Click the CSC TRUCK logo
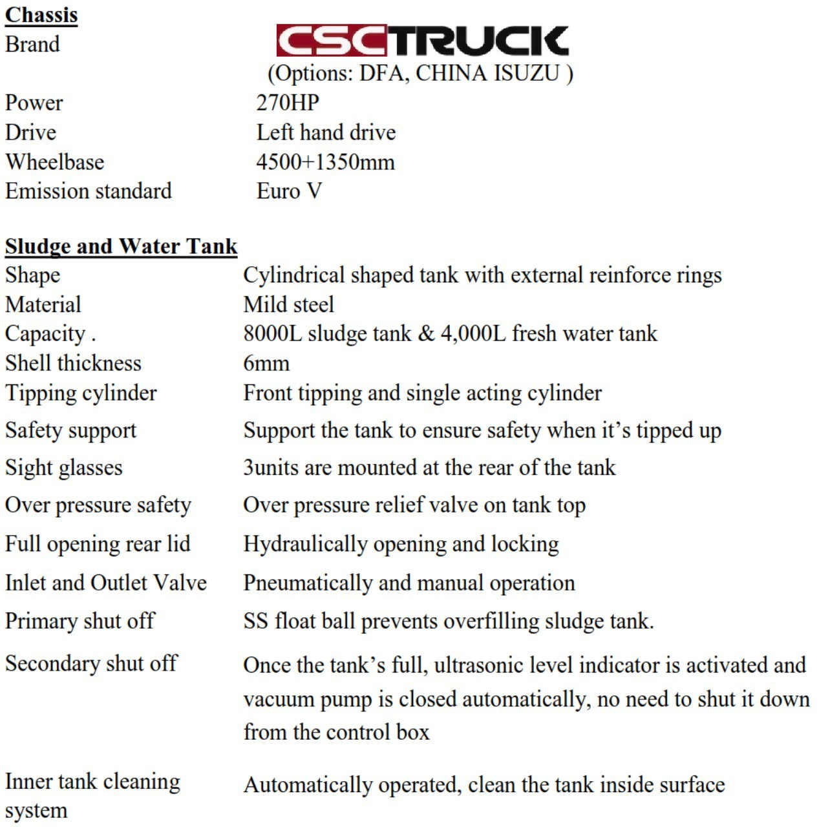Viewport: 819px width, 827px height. [422, 41]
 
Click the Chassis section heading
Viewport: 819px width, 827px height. [41, 14]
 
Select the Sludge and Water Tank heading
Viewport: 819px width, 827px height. [121, 246]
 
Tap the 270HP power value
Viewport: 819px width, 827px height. [288, 102]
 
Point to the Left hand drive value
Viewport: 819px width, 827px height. [326, 132]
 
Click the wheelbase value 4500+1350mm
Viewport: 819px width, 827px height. [325, 162]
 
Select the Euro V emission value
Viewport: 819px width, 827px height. [289, 191]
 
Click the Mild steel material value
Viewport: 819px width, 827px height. [289, 304]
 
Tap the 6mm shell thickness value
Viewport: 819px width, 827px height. [266, 363]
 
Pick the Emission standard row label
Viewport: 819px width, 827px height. [89, 191]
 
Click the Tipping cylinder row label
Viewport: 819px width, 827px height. [81, 393]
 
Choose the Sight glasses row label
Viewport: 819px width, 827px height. [63, 467]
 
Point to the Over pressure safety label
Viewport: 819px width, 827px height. [98, 505]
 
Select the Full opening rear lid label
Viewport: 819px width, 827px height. [98, 543]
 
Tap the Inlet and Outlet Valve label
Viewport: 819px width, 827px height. [106, 582]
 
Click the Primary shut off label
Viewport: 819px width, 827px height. [80, 620]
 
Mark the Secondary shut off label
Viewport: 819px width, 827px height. [91, 663]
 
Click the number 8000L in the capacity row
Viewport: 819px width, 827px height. [272, 333]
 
